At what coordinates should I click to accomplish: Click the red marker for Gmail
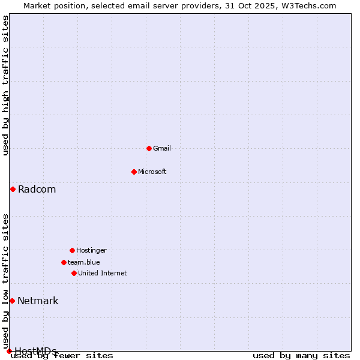(149, 148)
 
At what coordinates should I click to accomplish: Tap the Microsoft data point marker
(134, 172)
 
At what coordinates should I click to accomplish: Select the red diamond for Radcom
(13, 189)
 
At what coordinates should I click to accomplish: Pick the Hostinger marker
(72, 250)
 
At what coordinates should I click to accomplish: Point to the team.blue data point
(64, 262)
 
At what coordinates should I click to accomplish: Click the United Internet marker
(74, 273)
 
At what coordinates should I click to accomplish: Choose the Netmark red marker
(12, 301)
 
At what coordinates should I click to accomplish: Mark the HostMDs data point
(9, 351)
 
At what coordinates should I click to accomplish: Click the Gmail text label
(162, 148)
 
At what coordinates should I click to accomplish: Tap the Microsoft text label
(152, 172)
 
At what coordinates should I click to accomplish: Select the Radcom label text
(37, 190)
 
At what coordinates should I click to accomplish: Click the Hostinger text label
(91, 250)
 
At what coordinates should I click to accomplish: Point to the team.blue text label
(84, 262)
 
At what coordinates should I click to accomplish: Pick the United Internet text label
(103, 273)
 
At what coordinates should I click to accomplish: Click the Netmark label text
(38, 301)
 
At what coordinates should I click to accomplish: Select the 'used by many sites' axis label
(301, 356)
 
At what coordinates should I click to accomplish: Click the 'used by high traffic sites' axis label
(5, 85)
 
